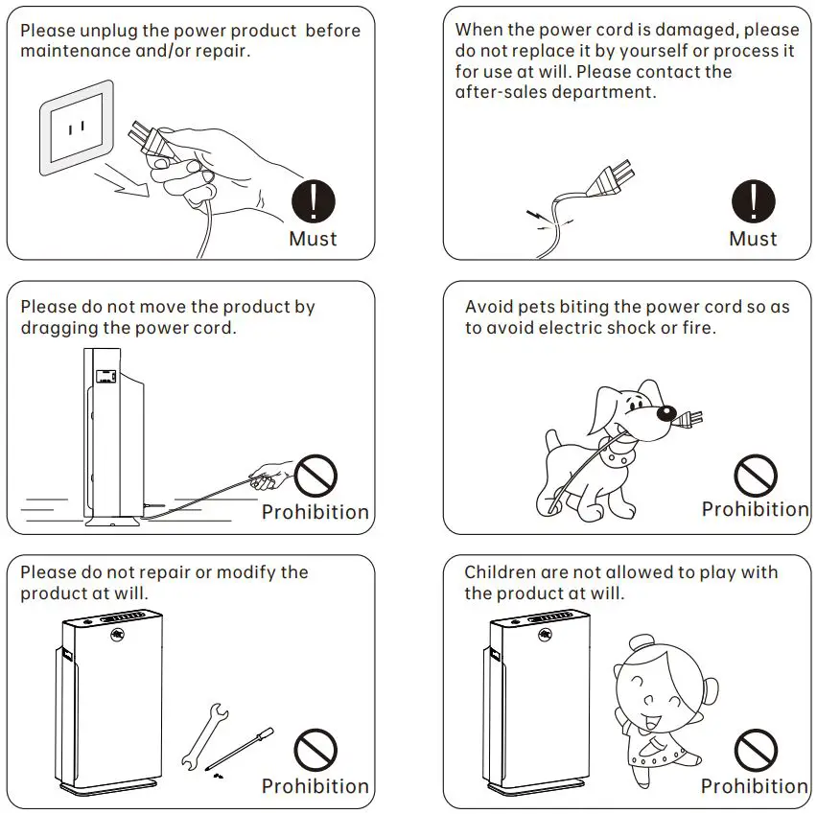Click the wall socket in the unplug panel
click(77, 128)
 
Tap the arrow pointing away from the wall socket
click(123, 181)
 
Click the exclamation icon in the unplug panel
click(314, 201)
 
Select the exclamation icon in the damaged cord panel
click(754, 201)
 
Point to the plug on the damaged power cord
click(611, 178)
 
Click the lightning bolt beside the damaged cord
click(537, 215)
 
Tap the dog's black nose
click(666, 414)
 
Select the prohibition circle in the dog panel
click(756, 476)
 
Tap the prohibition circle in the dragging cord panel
click(315, 476)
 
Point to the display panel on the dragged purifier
click(105, 376)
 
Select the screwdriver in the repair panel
click(240, 749)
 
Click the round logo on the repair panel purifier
click(118, 635)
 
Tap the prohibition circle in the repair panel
click(315, 750)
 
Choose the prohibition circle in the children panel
click(756, 750)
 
